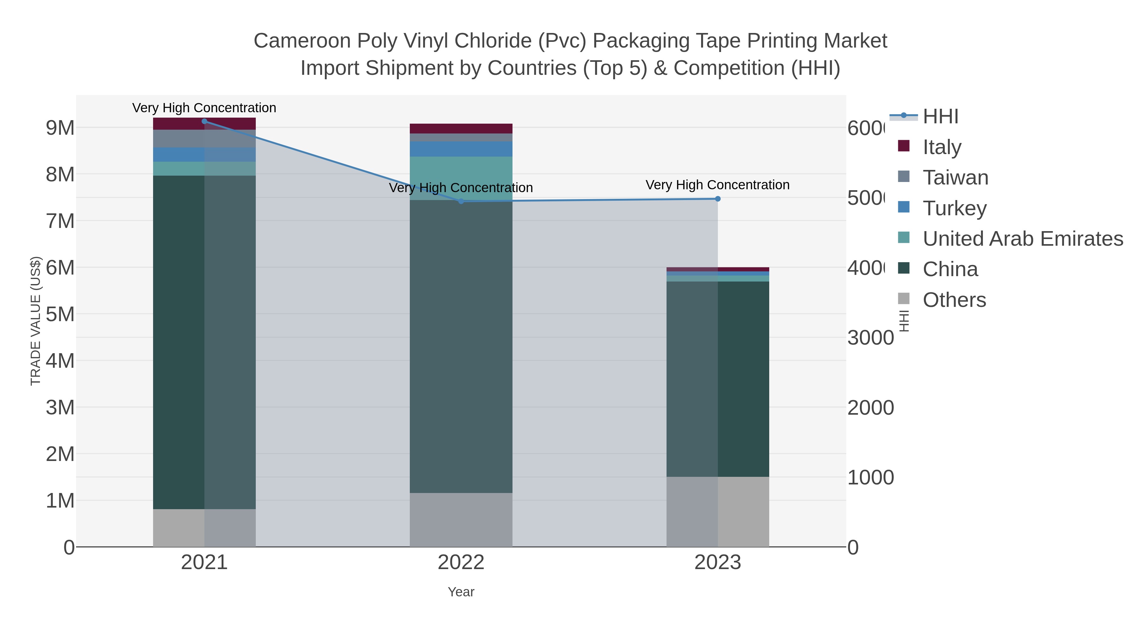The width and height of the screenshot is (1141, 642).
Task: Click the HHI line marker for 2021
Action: [204, 121]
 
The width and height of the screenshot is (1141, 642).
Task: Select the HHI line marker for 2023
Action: [718, 199]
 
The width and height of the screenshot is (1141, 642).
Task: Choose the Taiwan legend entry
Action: [955, 178]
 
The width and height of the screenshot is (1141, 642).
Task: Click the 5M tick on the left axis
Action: [60, 315]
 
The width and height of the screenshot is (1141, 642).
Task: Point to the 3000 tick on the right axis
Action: [870, 338]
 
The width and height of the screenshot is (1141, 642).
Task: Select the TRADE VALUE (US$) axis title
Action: [35, 321]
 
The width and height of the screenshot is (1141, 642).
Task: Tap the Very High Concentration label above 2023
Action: [718, 185]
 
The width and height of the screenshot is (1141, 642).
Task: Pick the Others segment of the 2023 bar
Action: [718, 512]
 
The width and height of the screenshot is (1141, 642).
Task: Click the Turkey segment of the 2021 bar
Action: [204, 155]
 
